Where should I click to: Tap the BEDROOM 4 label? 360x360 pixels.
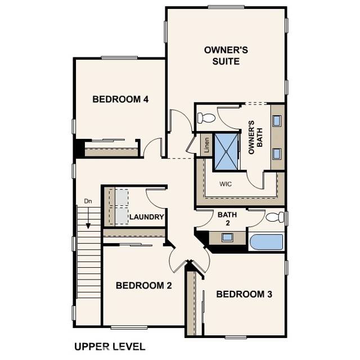point(120,100)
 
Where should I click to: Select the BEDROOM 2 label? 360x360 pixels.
point(143,286)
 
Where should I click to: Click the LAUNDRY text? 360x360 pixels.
point(147,217)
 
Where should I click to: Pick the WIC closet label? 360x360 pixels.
point(226,183)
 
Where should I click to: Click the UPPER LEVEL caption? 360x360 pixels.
point(110,346)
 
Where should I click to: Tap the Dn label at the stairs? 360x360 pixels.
point(88,201)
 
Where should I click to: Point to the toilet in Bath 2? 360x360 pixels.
point(275,218)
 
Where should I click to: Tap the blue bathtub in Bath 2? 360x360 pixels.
point(267,242)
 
